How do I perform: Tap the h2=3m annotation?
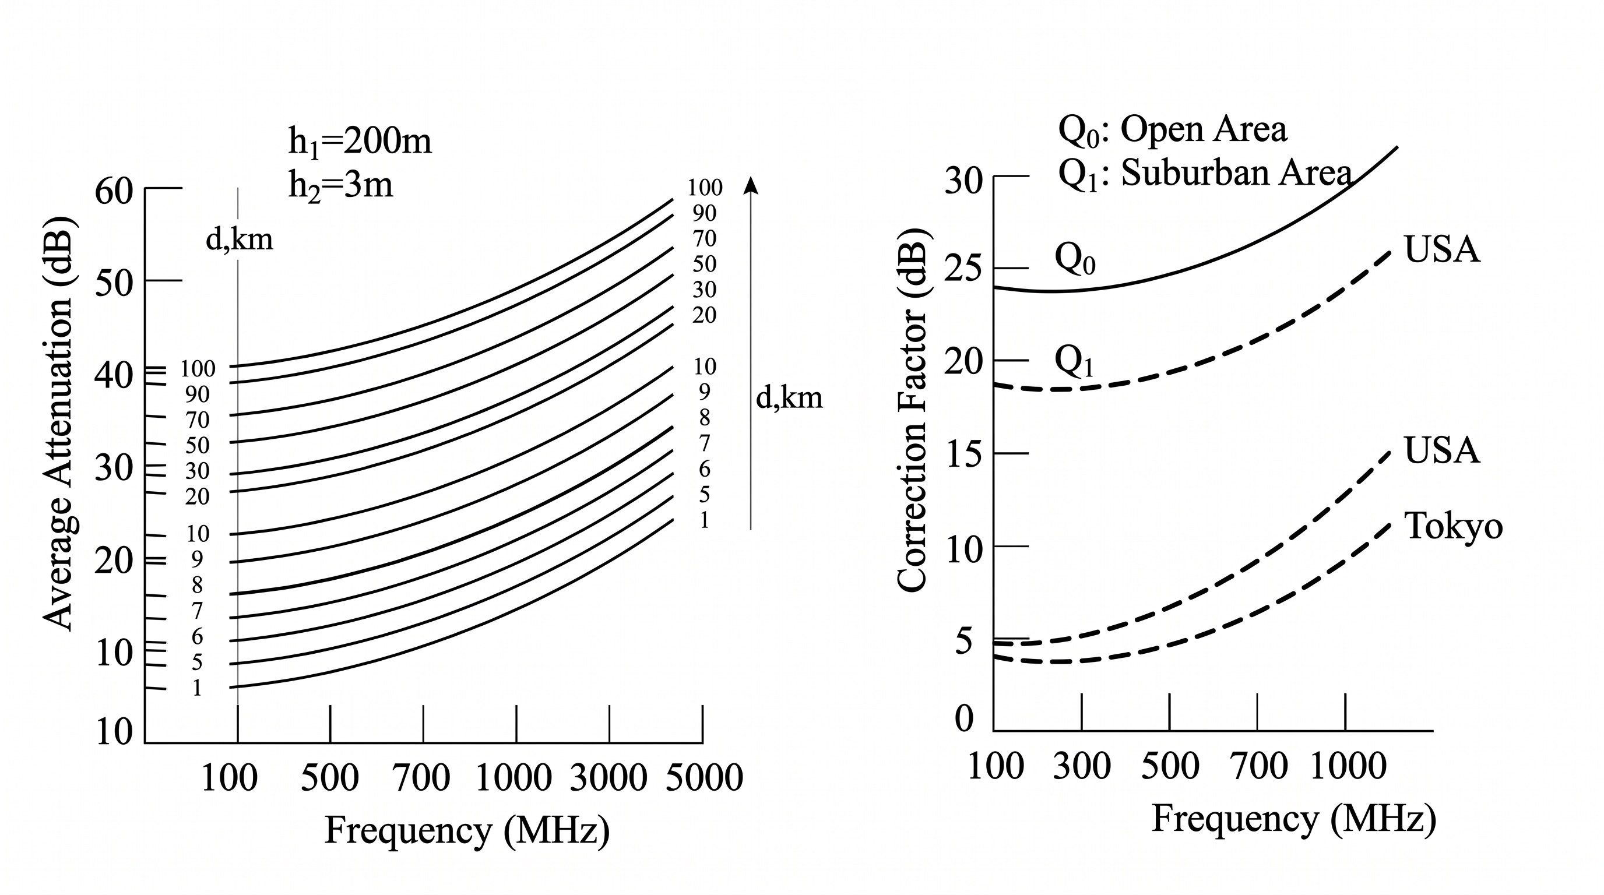[x=340, y=185]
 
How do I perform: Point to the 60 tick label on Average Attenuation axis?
[x=114, y=191]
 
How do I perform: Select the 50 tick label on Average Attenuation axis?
[x=114, y=283]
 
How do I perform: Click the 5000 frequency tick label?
[x=704, y=778]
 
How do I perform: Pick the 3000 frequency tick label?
[x=608, y=778]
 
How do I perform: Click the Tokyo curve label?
[x=1453, y=527]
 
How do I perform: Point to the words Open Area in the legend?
[x=1203, y=129]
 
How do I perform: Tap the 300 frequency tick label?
[x=1082, y=766]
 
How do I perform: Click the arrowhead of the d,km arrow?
[x=751, y=185]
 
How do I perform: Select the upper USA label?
[x=1441, y=249]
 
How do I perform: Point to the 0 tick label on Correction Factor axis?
[x=964, y=719]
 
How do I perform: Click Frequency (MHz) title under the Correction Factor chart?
[x=1294, y=819]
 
